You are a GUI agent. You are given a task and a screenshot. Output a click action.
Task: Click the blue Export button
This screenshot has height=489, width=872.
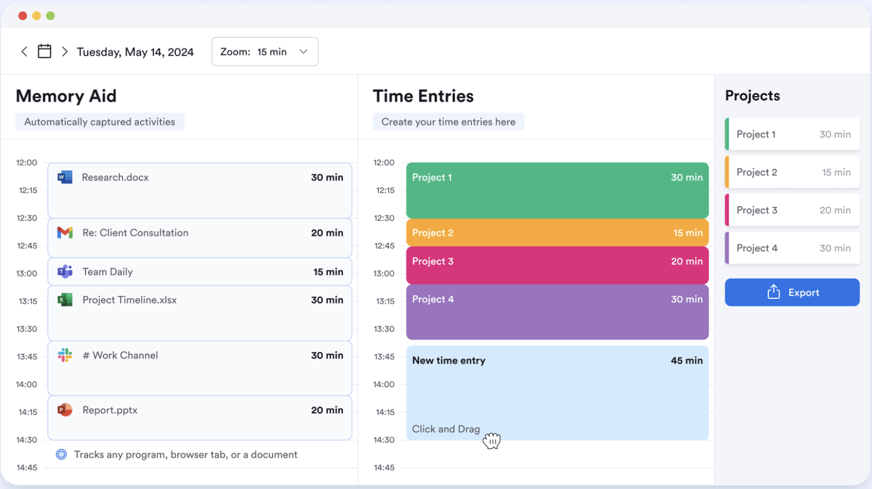pos(792,292)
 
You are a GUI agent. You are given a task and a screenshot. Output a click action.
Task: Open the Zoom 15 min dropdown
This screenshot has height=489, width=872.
pos(265,52)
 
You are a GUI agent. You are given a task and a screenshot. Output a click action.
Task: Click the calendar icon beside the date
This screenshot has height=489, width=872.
pos(44,52)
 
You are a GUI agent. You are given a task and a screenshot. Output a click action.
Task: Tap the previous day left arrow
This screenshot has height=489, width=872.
pos(24,52)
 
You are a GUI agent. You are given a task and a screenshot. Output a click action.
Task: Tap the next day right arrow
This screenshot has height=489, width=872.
pos(65,52)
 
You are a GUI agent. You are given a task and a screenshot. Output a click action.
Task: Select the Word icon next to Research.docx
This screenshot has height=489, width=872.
pos(65,177)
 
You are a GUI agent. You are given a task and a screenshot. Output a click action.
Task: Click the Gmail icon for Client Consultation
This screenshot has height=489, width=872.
pos(65,233)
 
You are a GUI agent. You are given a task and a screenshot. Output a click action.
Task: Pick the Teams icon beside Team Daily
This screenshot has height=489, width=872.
pos(65,272)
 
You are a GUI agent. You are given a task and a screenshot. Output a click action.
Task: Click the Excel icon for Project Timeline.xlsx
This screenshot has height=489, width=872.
pos(65,300)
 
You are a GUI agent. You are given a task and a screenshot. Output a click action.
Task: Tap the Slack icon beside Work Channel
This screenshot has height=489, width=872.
pos(65,355)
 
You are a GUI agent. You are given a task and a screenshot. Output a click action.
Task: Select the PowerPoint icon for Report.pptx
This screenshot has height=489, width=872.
pos(65,410)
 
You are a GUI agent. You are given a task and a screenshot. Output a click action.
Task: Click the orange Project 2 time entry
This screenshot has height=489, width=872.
pos(557,233)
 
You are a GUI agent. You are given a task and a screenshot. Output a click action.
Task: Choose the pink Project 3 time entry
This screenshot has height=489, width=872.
pos(557,265)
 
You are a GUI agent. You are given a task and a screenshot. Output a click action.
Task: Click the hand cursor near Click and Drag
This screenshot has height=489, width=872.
pos(491,441)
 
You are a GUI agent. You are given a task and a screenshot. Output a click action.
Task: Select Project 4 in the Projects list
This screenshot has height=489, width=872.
pos(792,248)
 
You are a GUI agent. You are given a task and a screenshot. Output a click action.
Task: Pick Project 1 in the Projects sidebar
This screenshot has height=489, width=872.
pos(792,134)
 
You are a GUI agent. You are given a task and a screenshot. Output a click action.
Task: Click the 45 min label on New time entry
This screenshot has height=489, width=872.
pos(687,361)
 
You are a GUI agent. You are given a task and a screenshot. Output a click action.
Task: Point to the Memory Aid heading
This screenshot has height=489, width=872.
pos(66,96)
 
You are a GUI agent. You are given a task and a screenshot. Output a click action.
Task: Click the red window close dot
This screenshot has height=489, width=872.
pos(22,16)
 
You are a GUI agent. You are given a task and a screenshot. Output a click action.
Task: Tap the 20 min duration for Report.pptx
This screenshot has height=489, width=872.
pos(327,410)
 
